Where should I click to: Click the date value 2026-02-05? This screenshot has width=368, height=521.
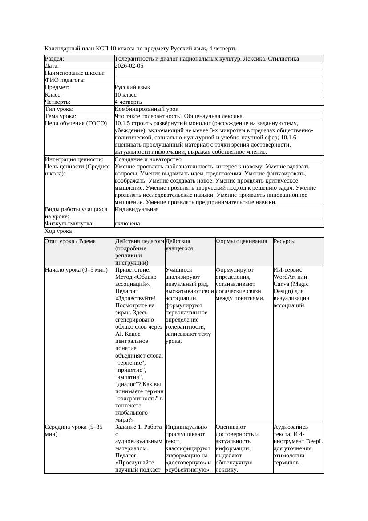(129, 66)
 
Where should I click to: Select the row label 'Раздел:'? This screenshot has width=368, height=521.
(55, 59)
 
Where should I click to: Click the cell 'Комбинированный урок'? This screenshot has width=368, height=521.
(146, 109)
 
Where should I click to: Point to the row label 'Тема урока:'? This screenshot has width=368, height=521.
(61, 116)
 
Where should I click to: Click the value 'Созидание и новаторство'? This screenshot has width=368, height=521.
(148, 159)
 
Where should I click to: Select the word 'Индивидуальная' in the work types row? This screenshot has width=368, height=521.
(137, 209)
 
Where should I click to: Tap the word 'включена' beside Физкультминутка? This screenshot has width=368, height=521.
(127, 224)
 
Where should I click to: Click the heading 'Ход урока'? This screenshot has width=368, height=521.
(58, 231)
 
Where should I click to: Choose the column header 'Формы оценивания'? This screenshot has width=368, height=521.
(241, 241)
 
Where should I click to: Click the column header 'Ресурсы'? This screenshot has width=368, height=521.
(284, 241)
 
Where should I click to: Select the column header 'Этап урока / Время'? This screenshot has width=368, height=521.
(70, 241)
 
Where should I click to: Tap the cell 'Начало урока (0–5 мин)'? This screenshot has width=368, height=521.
(77, 270)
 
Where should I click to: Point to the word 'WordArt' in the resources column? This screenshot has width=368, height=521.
(285, 277)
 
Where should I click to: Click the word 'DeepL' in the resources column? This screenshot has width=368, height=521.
(314, 441)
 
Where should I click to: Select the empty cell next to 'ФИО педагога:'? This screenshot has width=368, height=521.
(218, 80)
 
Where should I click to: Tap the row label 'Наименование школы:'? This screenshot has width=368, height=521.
(75, 73)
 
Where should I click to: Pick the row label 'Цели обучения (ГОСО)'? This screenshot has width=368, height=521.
(76, 123)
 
